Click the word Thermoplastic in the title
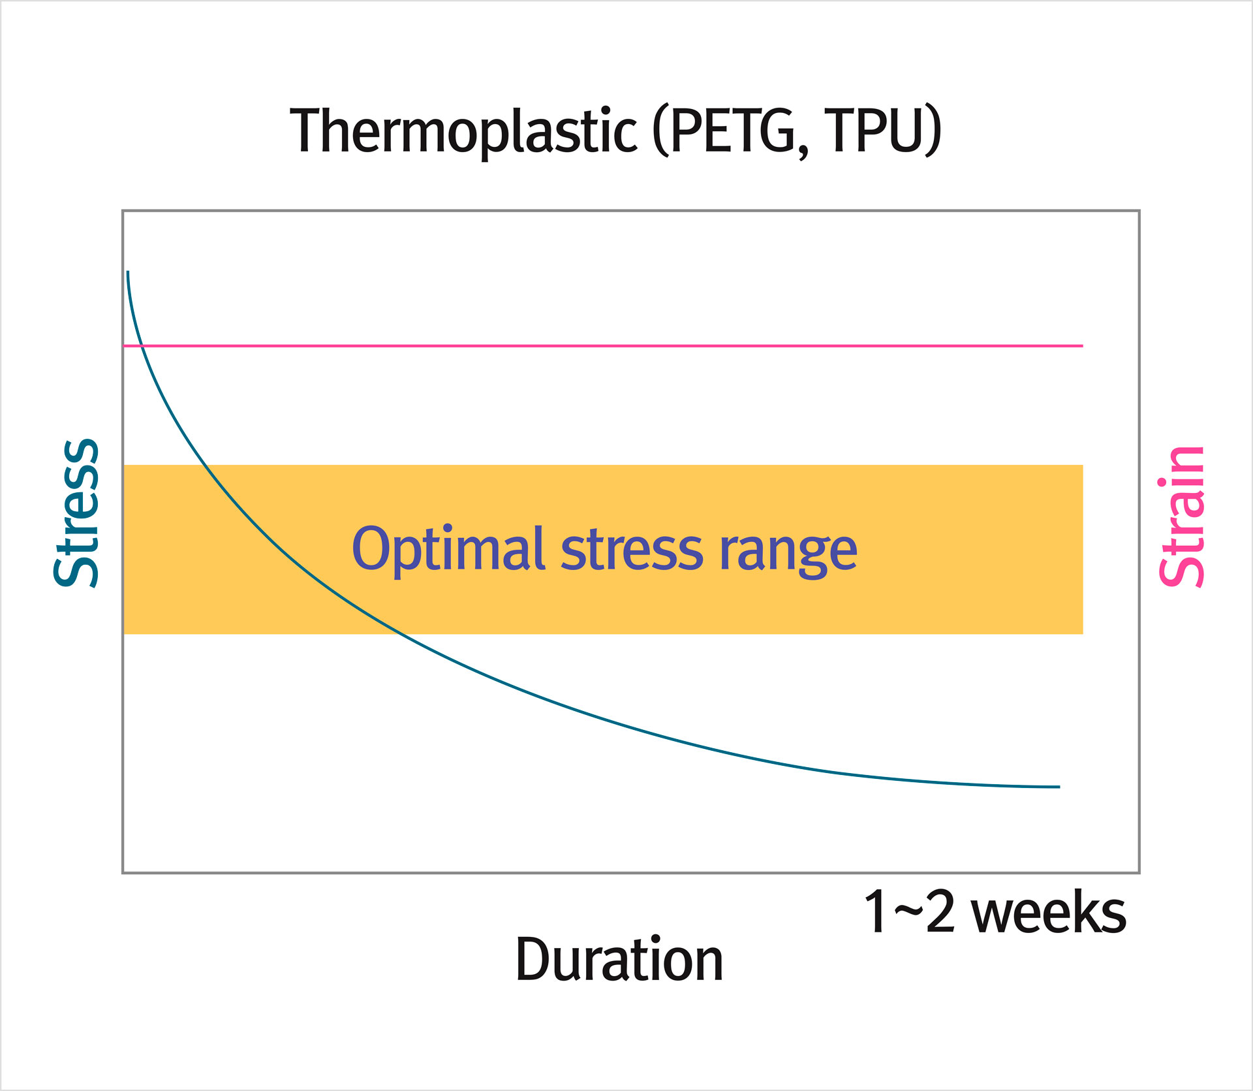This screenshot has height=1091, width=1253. [463, 131]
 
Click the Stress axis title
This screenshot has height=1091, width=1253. [76, 513]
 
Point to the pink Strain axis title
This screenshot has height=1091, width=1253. [1181, 516]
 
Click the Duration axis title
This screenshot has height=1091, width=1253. [619, 959]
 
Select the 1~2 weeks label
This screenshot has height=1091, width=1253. [995, 912]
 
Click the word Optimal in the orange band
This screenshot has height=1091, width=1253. [448, 550]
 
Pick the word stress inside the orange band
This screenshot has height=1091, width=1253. [632, 550]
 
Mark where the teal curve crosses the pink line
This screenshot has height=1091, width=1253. [142, 345]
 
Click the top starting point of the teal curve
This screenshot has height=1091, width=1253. [128, 272]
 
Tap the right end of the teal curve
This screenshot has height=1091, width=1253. [1059, 787]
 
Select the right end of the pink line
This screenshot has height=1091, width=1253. [1082, 345]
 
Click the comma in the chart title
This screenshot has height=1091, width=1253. [802, 151]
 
